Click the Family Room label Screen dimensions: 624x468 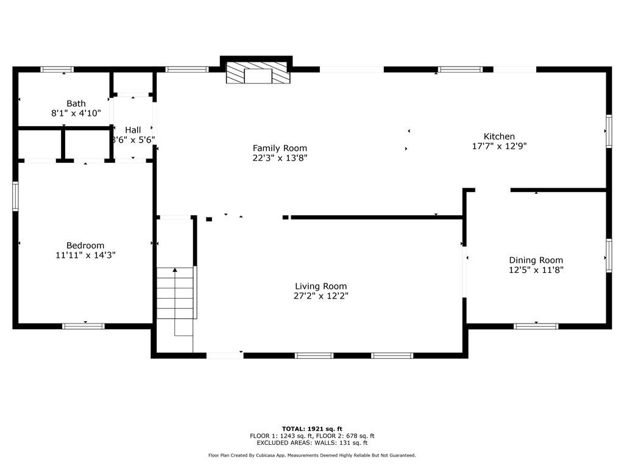(x=280, y=149)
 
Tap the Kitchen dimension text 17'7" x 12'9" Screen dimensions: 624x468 (x=499, y=146)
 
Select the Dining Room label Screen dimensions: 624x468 (x=536, y=260)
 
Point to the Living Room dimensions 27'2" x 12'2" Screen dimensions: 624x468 (x=321, y=296)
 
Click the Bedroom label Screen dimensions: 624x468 (x=85, y=246)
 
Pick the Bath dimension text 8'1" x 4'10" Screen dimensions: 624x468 (x=76, y=113)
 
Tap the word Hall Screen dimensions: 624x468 (x=133, y=130)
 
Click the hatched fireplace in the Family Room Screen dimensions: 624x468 (x=258, y=73)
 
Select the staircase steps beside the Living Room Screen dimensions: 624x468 (x=175, y=293)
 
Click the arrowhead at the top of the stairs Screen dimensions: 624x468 (x=175, y=270)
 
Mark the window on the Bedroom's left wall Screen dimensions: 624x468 (x=15, y=196)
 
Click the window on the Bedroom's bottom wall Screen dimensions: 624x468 (x=83, y=327)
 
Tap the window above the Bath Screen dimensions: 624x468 (x=57, y=69)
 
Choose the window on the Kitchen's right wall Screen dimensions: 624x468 (x=609, y=131)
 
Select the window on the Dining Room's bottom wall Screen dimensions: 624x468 (x=536, y=327)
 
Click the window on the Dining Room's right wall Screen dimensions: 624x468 (x=609, y=255)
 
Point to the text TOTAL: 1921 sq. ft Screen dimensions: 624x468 (x=312, y=429)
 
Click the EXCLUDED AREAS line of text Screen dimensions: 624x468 (x=312, y=442)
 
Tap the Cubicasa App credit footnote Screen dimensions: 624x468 (x=312, y=455)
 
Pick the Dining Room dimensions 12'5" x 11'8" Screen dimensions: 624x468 (x=536, y=270)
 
